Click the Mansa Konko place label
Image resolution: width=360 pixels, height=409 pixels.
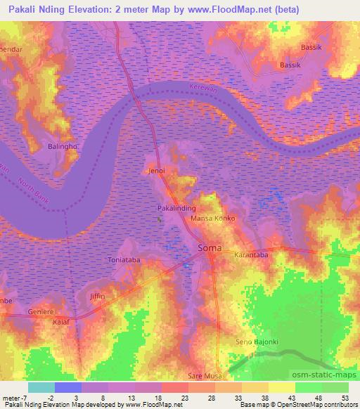tap(213, 219)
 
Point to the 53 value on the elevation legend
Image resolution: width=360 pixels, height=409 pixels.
tap(345, 396)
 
